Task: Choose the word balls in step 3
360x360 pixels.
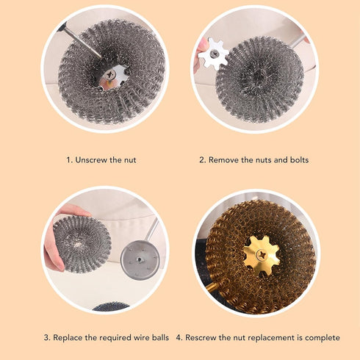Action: (158, 337)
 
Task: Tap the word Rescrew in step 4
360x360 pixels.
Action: (204, 337)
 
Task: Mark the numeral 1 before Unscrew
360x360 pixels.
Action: (68, 159)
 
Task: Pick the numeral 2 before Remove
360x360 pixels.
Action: (202, 159)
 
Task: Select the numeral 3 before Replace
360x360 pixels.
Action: (46, 337)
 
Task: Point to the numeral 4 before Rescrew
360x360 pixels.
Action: (179, 337)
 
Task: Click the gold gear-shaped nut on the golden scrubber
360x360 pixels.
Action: (262, 255)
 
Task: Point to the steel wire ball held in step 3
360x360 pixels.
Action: (82, 242)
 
